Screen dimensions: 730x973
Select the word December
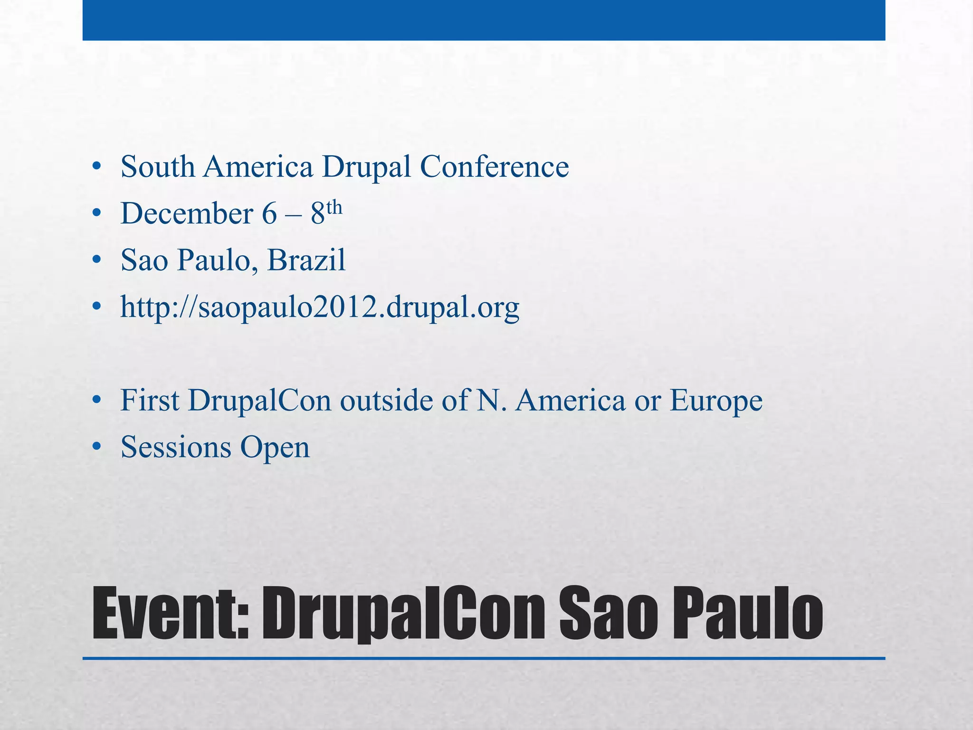(187, 213)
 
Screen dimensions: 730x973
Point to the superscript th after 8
(334, 208)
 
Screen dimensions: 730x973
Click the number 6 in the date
(269, 214)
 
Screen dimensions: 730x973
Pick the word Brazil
(306, 260)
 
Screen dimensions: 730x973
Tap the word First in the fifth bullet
(150, 400)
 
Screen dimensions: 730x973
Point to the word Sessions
(175, 447)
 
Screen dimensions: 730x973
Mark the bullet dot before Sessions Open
(97, 447)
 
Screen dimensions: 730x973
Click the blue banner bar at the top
(484, 20)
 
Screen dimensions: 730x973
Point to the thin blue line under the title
(484, 658)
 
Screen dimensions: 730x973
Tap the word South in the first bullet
(158, 167)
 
